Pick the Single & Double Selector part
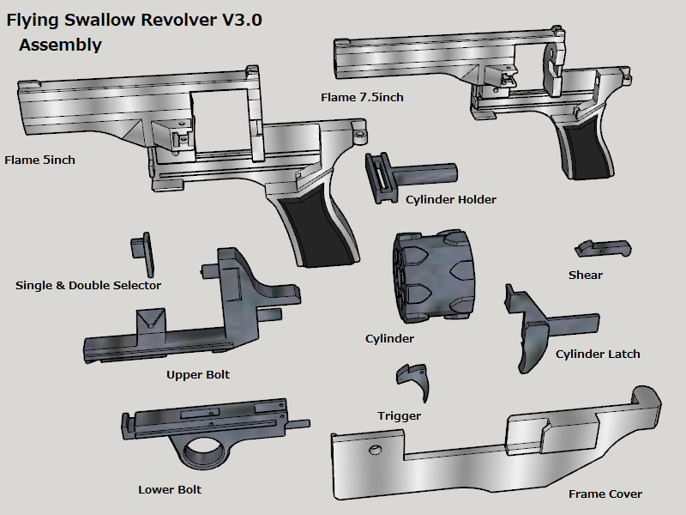tap(141, 250)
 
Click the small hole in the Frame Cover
tap(374, 451)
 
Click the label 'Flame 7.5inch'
tap(362, 97)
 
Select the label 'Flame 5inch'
tap(39, 160)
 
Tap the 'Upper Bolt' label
tap(198, 375)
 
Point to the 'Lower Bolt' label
tap(170, 490)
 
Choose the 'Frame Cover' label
tap(605, 494)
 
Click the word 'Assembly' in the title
tap(60, 45)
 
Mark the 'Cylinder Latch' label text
tap(598, 354)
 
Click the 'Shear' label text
tap(586, 276)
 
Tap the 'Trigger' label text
tap(400, 416)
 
